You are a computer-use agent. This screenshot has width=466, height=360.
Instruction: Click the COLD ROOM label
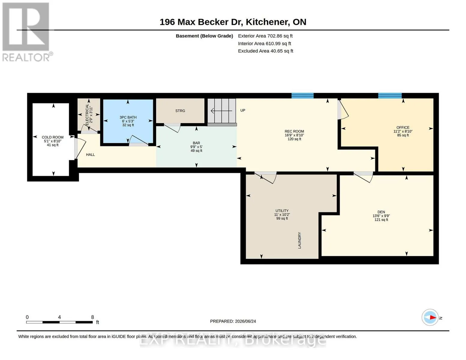tap(53, 137)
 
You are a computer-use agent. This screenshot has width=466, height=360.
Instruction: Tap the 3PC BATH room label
tap(128, 117)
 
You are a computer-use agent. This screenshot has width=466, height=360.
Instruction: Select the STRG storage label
tap(180, 111)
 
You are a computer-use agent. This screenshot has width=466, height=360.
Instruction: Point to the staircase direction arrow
tap(221, 111)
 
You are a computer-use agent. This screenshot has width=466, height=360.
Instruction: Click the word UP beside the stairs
tap(243, 110)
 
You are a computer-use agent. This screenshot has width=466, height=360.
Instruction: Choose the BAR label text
tap(197, 143)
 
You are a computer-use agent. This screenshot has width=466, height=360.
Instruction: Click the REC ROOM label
tap(294, 131)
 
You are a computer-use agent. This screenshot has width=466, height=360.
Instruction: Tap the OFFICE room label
tap(403, 127)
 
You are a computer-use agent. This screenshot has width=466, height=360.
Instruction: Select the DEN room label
tap(381, 212)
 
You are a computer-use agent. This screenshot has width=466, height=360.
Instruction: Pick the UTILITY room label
tap(282, 211)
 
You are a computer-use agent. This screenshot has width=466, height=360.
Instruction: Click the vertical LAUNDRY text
tap(299, 240)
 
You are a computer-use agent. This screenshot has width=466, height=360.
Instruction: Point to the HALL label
tap(91, 154)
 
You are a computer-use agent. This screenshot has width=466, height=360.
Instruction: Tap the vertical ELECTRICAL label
tap(87, 115)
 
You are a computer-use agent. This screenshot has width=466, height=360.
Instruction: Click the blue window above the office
tap(390, 96)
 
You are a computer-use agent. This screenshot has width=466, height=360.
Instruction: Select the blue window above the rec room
tap(302, 96)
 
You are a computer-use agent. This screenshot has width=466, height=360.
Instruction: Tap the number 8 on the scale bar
tap(92, 317)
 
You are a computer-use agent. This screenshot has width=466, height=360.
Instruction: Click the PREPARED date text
tap(233, 321)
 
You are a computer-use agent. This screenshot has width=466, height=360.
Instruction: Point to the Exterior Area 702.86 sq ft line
tap(265, 36)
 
